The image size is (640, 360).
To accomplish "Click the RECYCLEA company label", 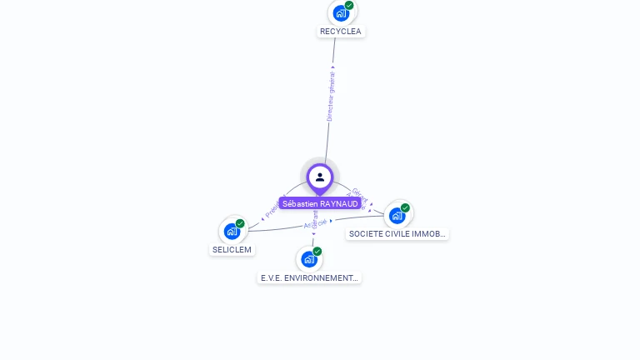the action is pos(341,32).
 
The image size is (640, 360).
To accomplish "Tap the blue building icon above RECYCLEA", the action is pos(340,13).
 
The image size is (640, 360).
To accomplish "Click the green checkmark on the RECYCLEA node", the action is pos(349,5).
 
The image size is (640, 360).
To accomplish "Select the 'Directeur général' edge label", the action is pos(331,97).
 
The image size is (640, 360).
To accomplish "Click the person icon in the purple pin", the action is pos(320,177).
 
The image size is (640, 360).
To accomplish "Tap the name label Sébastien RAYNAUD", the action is pos(320,203).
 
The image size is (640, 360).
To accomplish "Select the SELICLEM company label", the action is pos(232,249).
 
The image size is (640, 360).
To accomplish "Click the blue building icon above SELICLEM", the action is pos(231,231).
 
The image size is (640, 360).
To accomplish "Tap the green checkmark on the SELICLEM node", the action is pos(240,223).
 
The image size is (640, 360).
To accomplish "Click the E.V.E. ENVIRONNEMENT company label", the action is pos(309,277).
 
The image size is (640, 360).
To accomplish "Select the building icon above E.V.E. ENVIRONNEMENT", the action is pos(308,259).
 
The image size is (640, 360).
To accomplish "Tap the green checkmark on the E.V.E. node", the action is pos(317,252).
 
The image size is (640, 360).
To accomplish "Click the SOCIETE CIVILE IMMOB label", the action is pos(397,234).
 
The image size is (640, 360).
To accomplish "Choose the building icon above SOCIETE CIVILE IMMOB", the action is pos(397,215).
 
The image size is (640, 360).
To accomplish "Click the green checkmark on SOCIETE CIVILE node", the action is pos(405,207).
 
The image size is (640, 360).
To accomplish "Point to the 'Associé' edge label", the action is pos(315,223).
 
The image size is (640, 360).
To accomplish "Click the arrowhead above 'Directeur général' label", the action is pos(332,67).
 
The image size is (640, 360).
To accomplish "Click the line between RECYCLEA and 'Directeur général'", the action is pos(334,50).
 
